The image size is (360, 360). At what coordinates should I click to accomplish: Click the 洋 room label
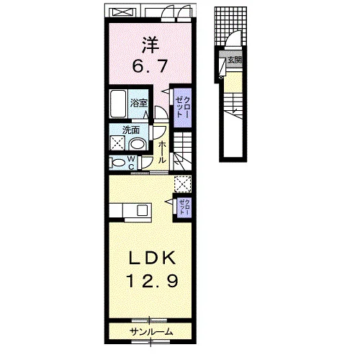point(151,45)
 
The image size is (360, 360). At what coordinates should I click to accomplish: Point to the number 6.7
point(150,66)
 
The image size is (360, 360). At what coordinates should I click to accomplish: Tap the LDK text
point(152,258)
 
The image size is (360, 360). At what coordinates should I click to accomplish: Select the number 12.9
point(152,281)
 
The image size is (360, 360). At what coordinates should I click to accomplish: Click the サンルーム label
point(151,332)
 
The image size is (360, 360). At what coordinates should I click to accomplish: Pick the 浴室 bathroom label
point(138,103)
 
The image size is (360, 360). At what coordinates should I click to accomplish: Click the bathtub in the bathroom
point(118,104)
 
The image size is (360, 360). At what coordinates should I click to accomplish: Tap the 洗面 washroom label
point(131,130)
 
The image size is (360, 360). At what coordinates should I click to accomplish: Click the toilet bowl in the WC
point(117,163)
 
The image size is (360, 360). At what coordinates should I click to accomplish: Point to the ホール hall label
point(163,152)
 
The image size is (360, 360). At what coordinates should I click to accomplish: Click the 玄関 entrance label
point(234,60)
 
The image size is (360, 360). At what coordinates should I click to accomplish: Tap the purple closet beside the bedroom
point(182,108)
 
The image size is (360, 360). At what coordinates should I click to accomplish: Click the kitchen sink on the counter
point(142,210)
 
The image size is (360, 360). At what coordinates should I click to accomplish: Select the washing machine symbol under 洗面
point(117,143)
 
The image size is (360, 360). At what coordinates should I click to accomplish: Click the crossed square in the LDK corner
point(183,184)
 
